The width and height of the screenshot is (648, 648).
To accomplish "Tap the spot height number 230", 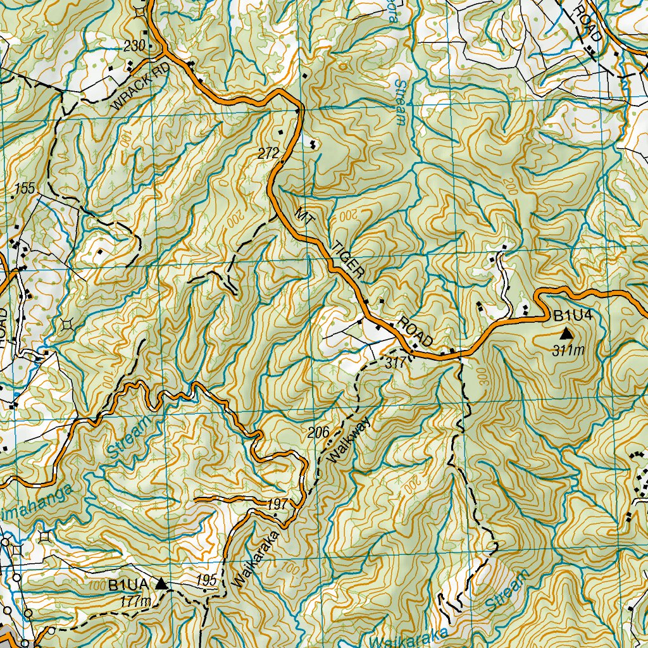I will [134, 46].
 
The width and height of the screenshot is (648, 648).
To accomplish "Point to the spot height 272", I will [268, 153].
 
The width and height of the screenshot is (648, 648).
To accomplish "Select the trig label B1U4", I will [572, 316].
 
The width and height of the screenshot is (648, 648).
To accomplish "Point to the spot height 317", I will [394, 363].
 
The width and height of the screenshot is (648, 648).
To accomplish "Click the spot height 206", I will [318, 433].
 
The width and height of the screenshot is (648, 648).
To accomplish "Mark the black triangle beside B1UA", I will [162, 584].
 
